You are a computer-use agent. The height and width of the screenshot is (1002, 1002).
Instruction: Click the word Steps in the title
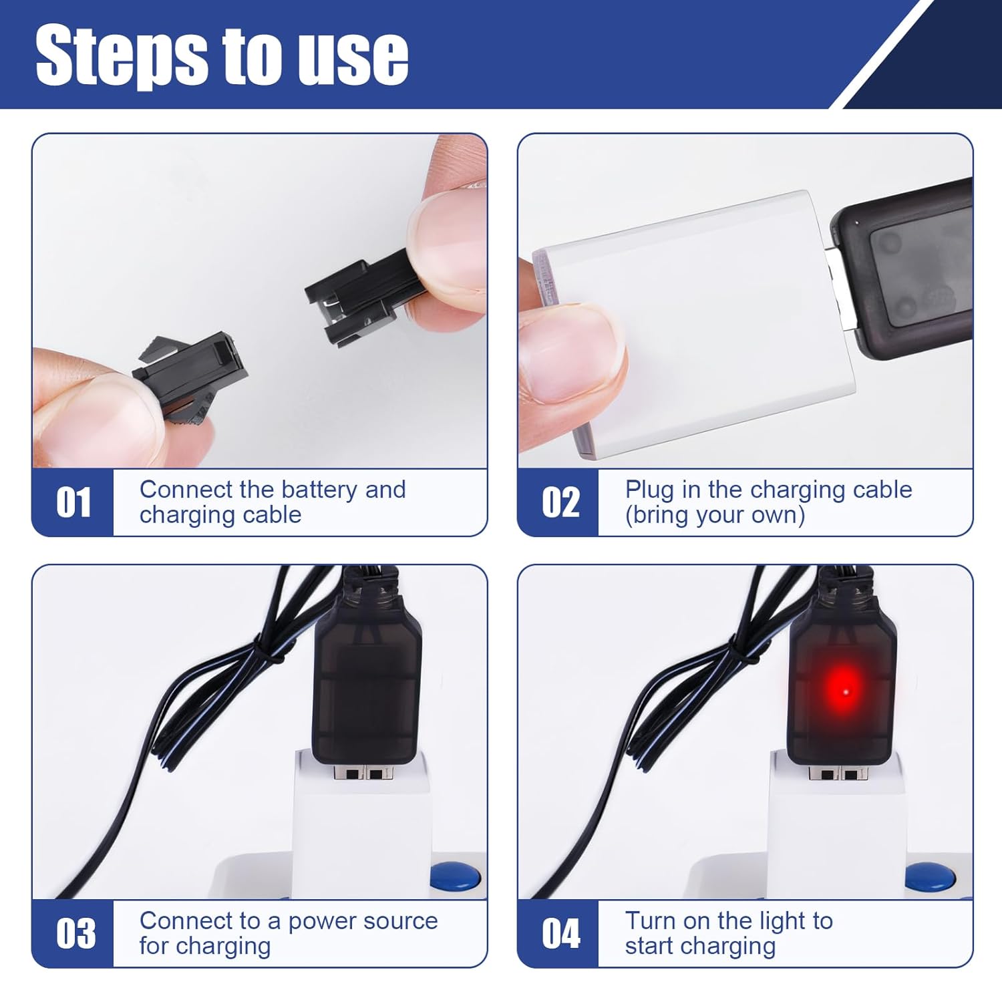(120, 56)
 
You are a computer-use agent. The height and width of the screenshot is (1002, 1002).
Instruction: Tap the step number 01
(73, 502)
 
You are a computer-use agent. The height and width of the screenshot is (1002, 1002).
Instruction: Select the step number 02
(560, 502)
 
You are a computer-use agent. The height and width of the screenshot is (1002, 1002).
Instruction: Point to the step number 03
(75, 933)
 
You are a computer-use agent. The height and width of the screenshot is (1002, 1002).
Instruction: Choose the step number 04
(560, 933)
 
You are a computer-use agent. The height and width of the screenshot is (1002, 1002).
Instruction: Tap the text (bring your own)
(715, 515)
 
